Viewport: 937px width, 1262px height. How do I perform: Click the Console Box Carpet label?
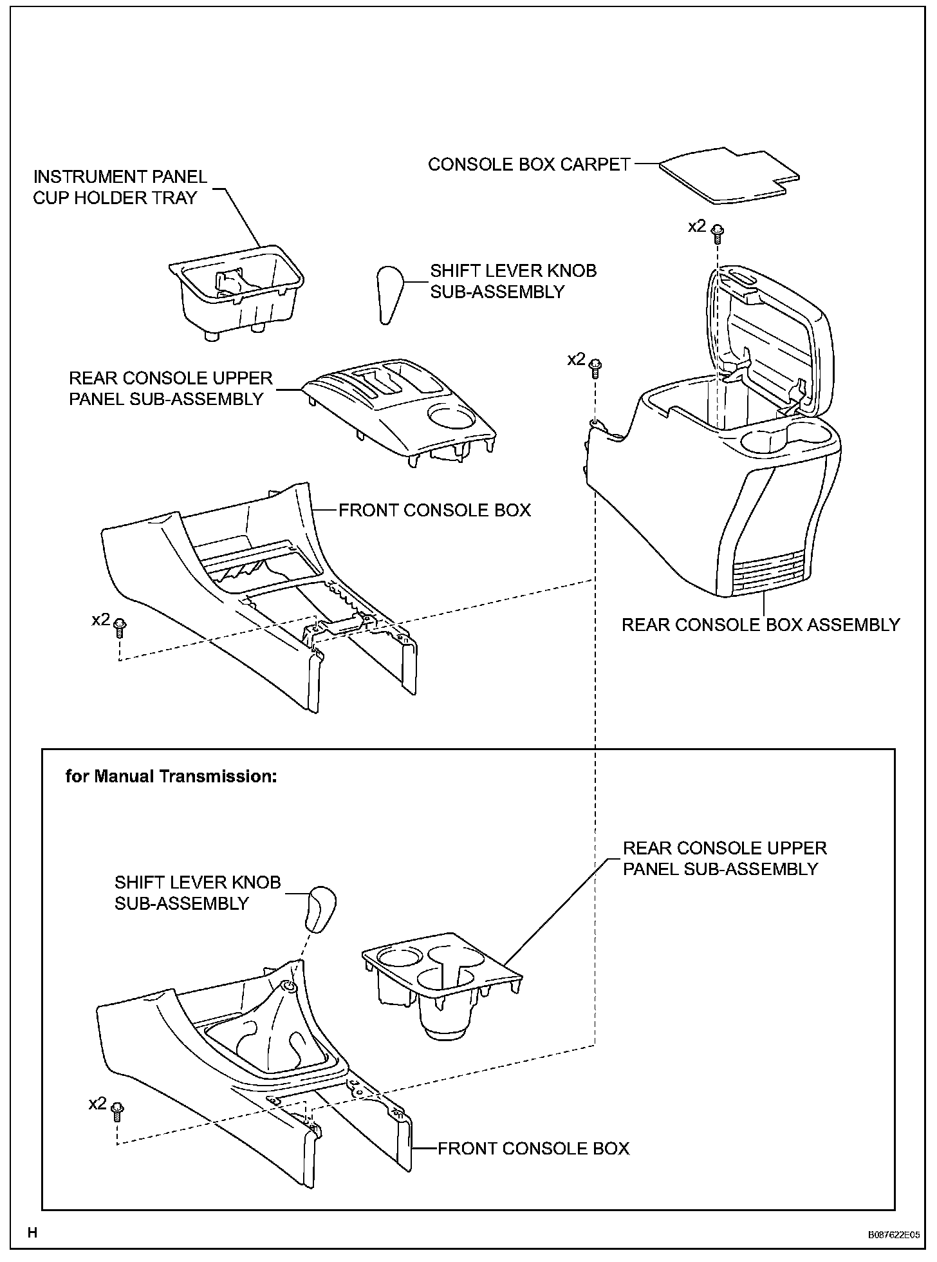click(x=529, y=165)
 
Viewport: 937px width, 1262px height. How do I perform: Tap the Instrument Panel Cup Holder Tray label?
click(x=120, y=187)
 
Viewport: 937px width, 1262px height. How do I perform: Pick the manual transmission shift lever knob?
click(x=321, y=909)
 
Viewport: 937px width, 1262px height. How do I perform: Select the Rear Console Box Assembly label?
click(x=760, y=625)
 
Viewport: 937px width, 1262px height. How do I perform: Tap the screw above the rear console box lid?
click(x=718, y=230)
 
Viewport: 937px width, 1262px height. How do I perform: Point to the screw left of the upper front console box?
click(x=119, y=626)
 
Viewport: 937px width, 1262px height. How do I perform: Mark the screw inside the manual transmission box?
click(x=117, y=1109)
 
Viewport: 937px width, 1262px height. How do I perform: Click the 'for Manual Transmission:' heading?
click(x=171, y=777)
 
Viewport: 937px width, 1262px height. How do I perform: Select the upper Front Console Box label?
click(x=434, y=511)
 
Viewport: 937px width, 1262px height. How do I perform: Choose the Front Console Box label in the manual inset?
click(x=533, y=1149)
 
